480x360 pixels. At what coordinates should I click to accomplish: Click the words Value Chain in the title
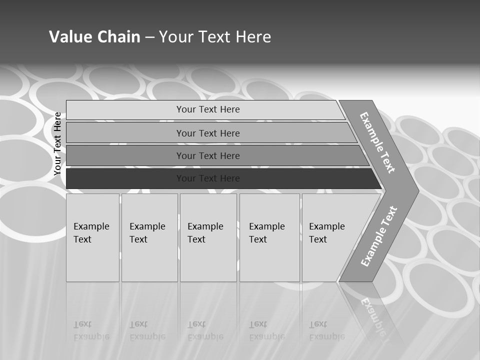click(x=94, y=37)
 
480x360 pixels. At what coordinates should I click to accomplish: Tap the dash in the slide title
click(x=149, y=37)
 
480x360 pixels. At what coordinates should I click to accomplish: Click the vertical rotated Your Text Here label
click(x=57, y=143)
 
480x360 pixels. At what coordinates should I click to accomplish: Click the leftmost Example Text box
click(x=92, y=237)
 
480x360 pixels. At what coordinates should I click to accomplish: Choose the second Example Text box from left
click(x=149, y=237)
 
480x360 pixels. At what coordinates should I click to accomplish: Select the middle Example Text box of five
click(x=208, y=237)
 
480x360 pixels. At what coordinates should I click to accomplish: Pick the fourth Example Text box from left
click(x=269, y=237)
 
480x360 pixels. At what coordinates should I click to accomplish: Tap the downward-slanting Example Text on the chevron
click(x=377, y=142)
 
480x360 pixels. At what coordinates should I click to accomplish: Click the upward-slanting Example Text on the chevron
click(x=379, y=236)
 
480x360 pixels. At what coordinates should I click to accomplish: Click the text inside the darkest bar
click(x=208, y=178)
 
